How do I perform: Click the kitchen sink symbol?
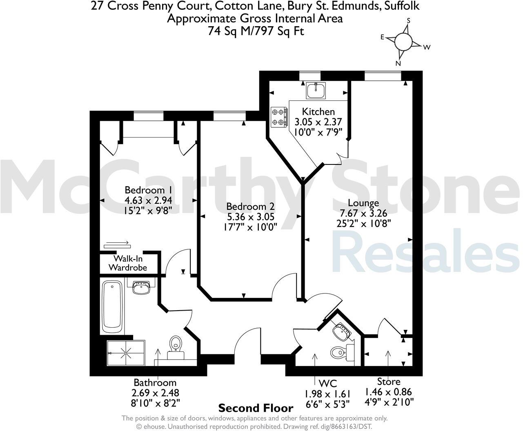[316, 90]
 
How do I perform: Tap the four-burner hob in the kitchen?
[279, 118]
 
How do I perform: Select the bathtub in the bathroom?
[112, 306]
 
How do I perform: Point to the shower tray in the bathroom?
[126, 353]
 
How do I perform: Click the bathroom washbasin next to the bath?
[141, 287]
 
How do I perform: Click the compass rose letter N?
[398, 63]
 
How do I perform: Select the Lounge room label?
[358, 203]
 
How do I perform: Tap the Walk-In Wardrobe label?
[130, 263]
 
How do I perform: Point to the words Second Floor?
[256, 408]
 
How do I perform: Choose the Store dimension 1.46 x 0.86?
[388, 392]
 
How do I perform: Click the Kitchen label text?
[318, 111]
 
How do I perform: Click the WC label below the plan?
[327, 383]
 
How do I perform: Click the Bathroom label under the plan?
[155, 383]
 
